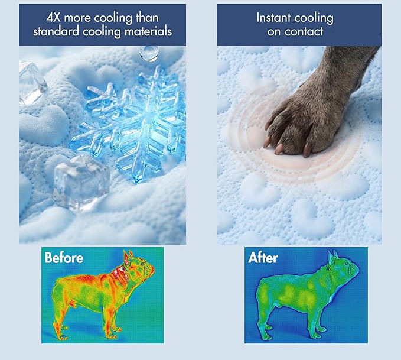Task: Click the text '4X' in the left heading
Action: tap(54, 18)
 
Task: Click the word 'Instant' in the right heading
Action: tap(273, 18)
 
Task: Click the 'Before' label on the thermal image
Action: tap(64, 258)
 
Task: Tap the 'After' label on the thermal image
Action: tap(263, 258)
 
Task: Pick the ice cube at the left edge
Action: tap(31, 82)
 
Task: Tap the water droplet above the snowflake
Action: tap(149, 54)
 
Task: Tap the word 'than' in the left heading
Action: tap(147, 18)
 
